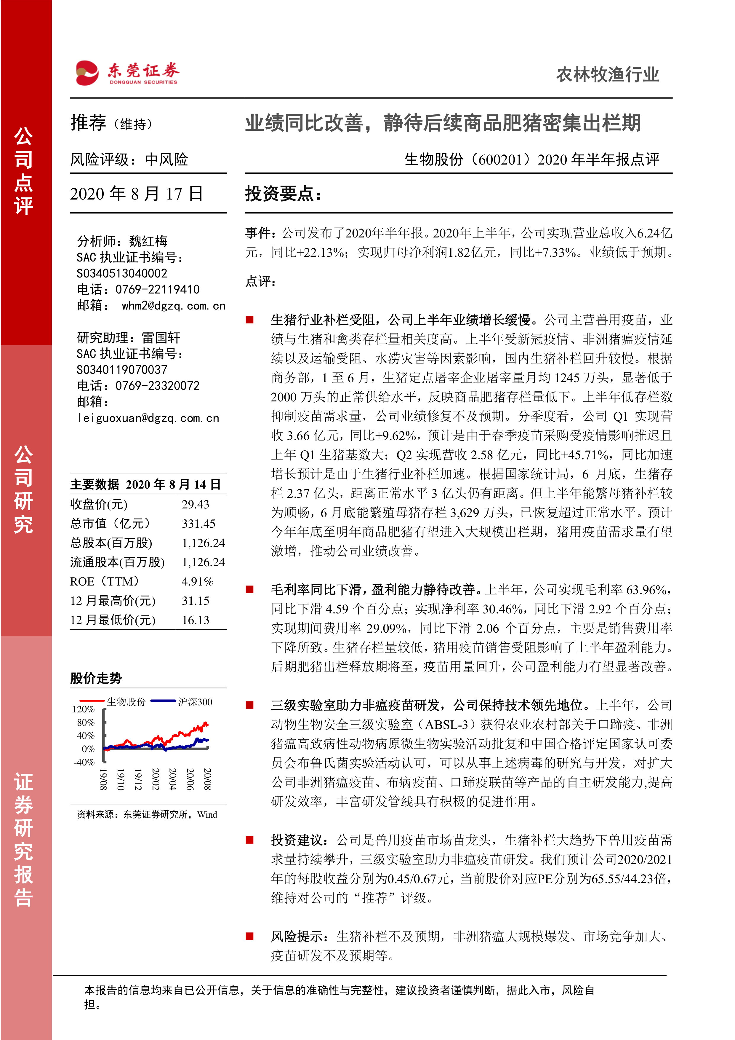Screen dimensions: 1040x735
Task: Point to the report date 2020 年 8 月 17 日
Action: pos(136,194)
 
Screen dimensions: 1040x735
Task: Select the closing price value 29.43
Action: pos(196,504)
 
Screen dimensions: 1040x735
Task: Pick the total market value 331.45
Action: pos(198,524)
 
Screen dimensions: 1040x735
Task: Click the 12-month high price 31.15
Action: pos(196,601)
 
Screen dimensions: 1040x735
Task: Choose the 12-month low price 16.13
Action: pos(196,620)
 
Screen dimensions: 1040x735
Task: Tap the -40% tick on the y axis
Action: pos(84,762)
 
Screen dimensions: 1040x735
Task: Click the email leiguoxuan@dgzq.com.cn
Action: pos(148,418)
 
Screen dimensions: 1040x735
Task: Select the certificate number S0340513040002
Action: pos(122,273)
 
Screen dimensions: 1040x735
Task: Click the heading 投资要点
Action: pos(283,194)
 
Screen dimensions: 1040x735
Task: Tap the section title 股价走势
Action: pos(96,678)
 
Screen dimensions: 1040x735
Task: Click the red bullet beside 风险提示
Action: pos(249,936)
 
